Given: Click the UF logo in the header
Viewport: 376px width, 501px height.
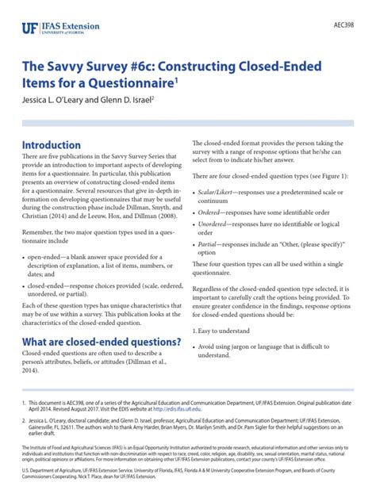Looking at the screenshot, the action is coord(29,28).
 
